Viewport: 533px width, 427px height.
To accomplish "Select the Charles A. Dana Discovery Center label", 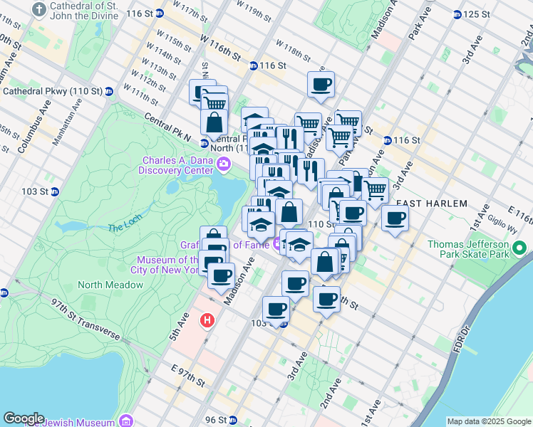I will (x=177, y=164).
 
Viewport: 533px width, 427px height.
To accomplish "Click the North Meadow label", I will (x=110, y=285).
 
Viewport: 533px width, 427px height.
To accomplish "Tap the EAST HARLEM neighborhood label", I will (x=432, y=204).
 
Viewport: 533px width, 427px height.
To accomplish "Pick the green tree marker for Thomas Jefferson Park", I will (x=520, y=249).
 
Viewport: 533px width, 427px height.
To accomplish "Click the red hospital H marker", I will (x=207, y=321).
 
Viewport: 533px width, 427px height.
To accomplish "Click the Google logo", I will (x=24, y=418).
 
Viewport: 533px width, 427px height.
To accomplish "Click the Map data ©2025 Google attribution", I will (x=489, y=421).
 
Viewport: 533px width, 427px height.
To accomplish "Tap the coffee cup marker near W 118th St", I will (x=320, y=85).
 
